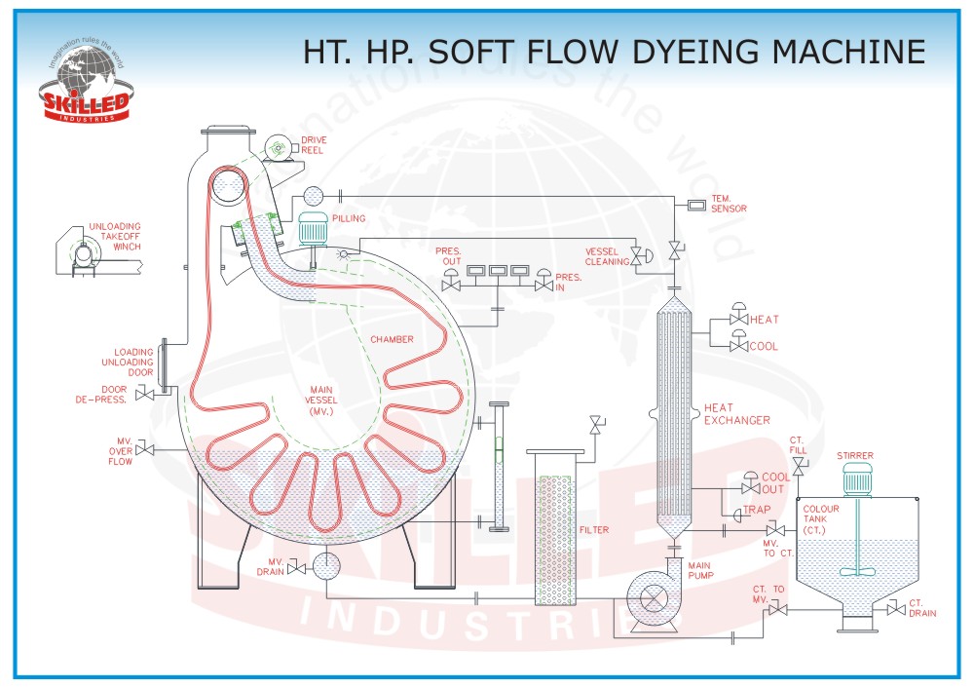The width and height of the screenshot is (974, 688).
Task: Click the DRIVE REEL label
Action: (x=314, y=145)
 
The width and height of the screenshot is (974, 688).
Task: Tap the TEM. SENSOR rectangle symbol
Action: (x=697, y=205)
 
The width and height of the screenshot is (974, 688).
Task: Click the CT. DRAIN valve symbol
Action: (x=894, y=609)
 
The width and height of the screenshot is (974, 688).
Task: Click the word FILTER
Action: (x=594, y=530)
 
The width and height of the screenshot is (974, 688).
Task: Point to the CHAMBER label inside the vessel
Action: (x=392, y=339)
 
